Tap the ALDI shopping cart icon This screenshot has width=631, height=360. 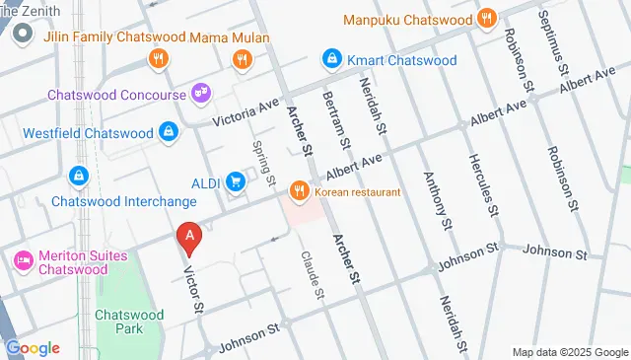(235, 181)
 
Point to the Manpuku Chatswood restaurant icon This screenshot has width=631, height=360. (485, 19)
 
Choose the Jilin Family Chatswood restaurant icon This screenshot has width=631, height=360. (157, 60)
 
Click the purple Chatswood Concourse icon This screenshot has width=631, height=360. (200, 95)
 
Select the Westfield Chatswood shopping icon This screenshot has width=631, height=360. (169, 132)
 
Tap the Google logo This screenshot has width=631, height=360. (33, 347)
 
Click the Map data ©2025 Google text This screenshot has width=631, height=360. (570, 352)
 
